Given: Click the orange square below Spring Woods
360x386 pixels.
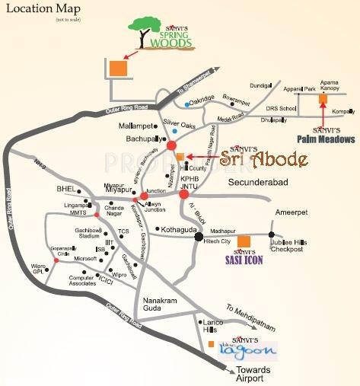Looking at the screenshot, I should pyautogui.click(x=117, y=67).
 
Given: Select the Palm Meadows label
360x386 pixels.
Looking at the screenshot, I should pyautogui.click(x=327, y=139).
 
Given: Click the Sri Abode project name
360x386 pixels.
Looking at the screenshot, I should pyautogui.click(x=263, y=160).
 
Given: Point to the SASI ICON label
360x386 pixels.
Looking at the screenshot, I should pyautogui.click(x=243, y=260).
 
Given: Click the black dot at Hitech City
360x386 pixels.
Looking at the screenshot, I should pyautogui.click(x=199, y=236).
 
